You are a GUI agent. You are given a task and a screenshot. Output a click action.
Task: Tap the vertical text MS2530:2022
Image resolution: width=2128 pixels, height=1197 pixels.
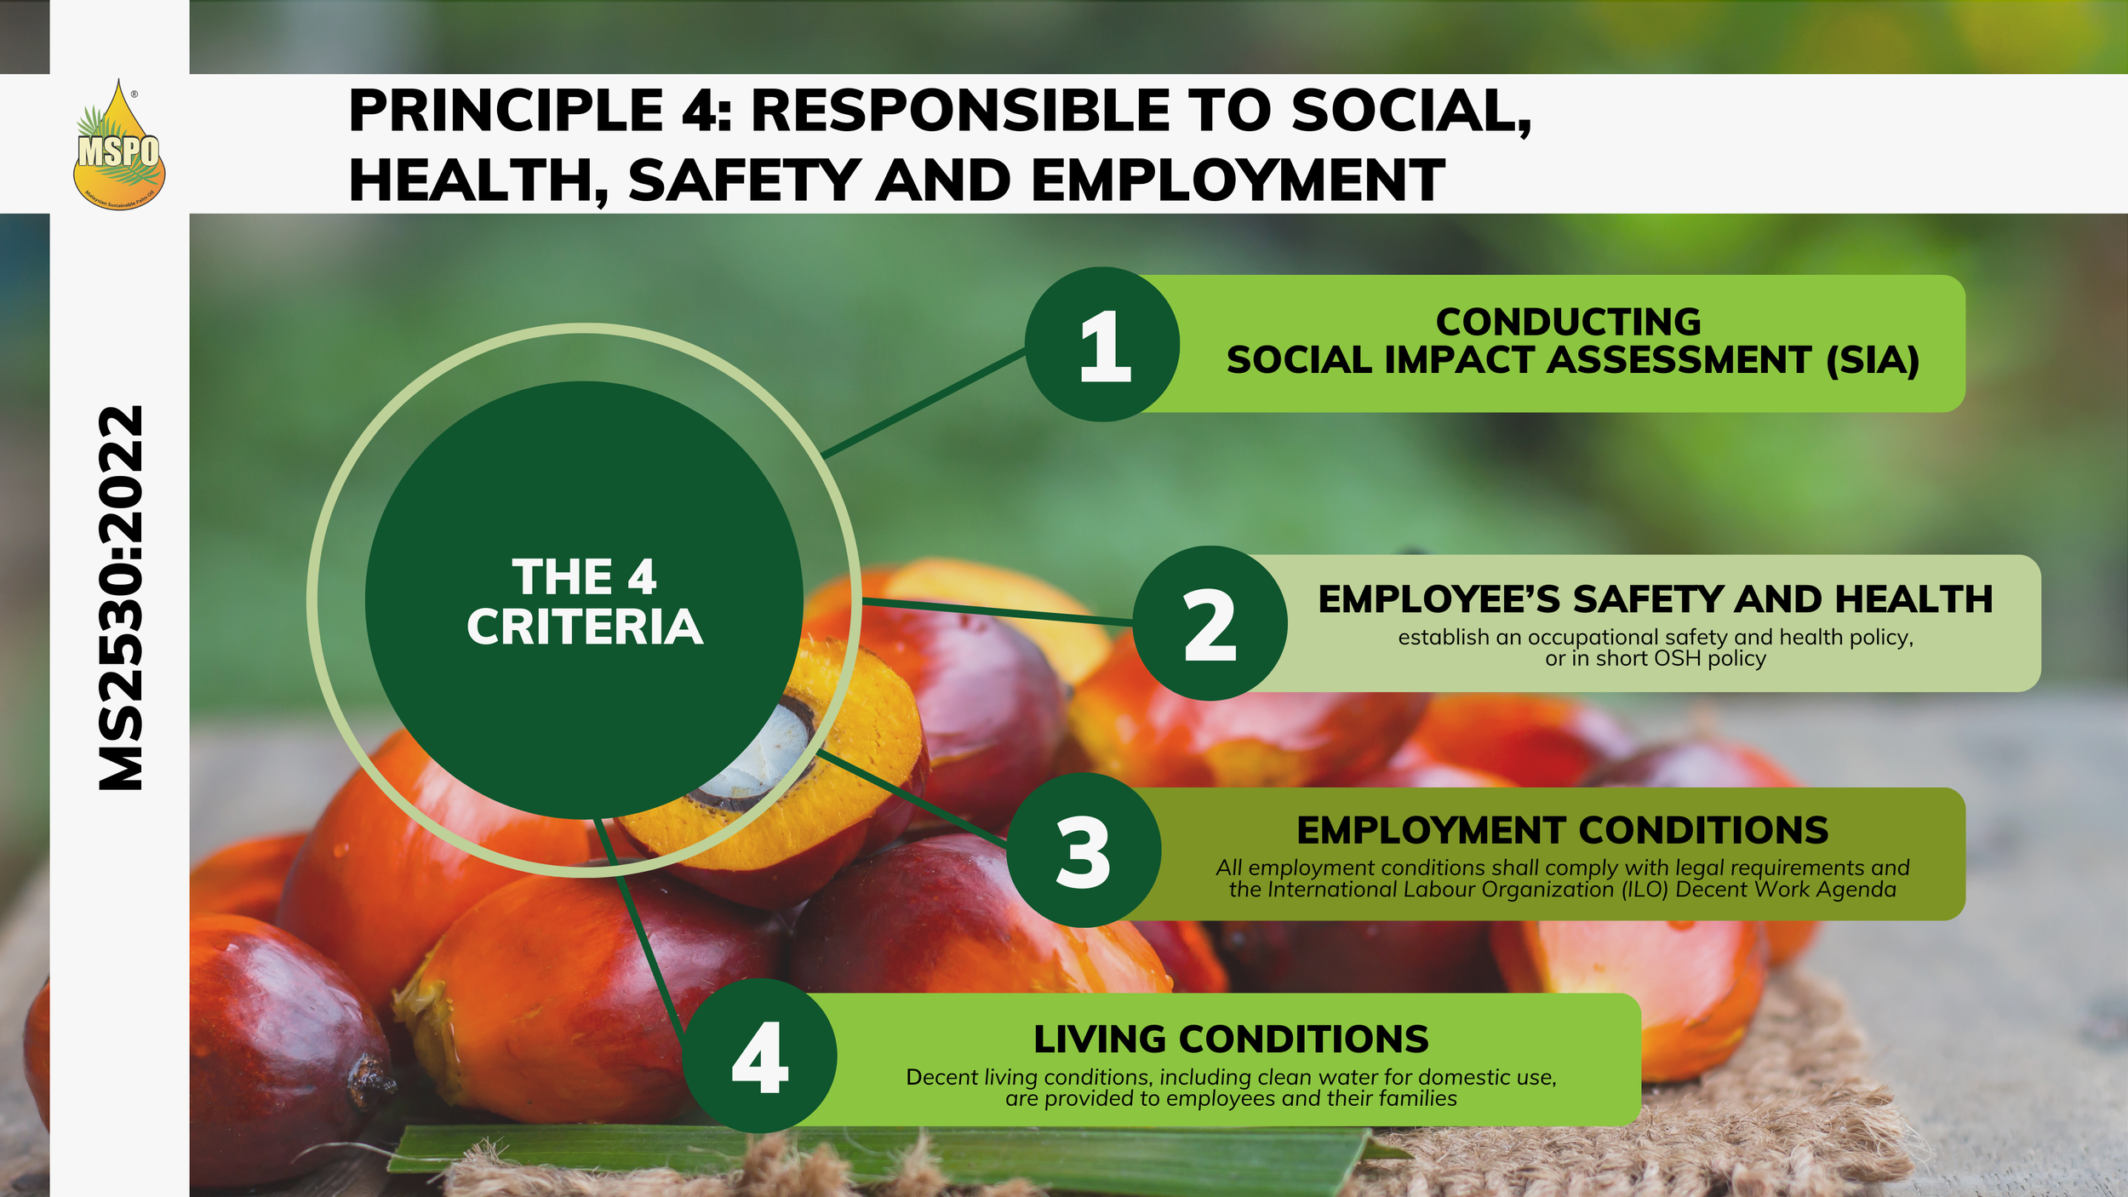pos(120,598)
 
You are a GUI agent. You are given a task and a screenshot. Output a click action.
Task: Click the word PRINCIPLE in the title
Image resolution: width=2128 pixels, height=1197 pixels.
pos(506,111)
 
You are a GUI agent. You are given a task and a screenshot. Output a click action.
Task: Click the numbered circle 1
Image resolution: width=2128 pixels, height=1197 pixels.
pos(1102,345)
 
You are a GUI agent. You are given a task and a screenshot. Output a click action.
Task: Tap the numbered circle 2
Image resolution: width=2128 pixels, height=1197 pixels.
pos(1210,623)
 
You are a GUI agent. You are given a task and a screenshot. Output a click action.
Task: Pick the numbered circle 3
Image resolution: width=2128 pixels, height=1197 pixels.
pos(1084,850)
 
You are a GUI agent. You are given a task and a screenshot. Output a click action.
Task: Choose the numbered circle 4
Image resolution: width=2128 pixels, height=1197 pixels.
pos(759,1056)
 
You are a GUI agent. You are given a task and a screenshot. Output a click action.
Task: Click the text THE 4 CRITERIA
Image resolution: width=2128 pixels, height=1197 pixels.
pos(585,602)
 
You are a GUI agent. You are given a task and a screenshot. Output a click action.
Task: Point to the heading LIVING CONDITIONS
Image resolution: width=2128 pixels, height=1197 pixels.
pos(1231,1039)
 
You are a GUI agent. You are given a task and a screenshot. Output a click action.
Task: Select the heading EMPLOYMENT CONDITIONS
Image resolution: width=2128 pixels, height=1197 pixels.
pos(1562,831)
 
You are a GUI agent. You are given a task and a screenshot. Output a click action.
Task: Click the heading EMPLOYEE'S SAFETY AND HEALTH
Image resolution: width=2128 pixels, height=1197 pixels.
pos(1656,599)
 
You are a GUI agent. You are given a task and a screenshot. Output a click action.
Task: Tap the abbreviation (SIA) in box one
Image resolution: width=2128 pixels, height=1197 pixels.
pos(1873,360)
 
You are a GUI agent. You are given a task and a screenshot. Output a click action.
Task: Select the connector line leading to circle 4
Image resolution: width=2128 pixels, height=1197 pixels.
pos(639,926)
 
